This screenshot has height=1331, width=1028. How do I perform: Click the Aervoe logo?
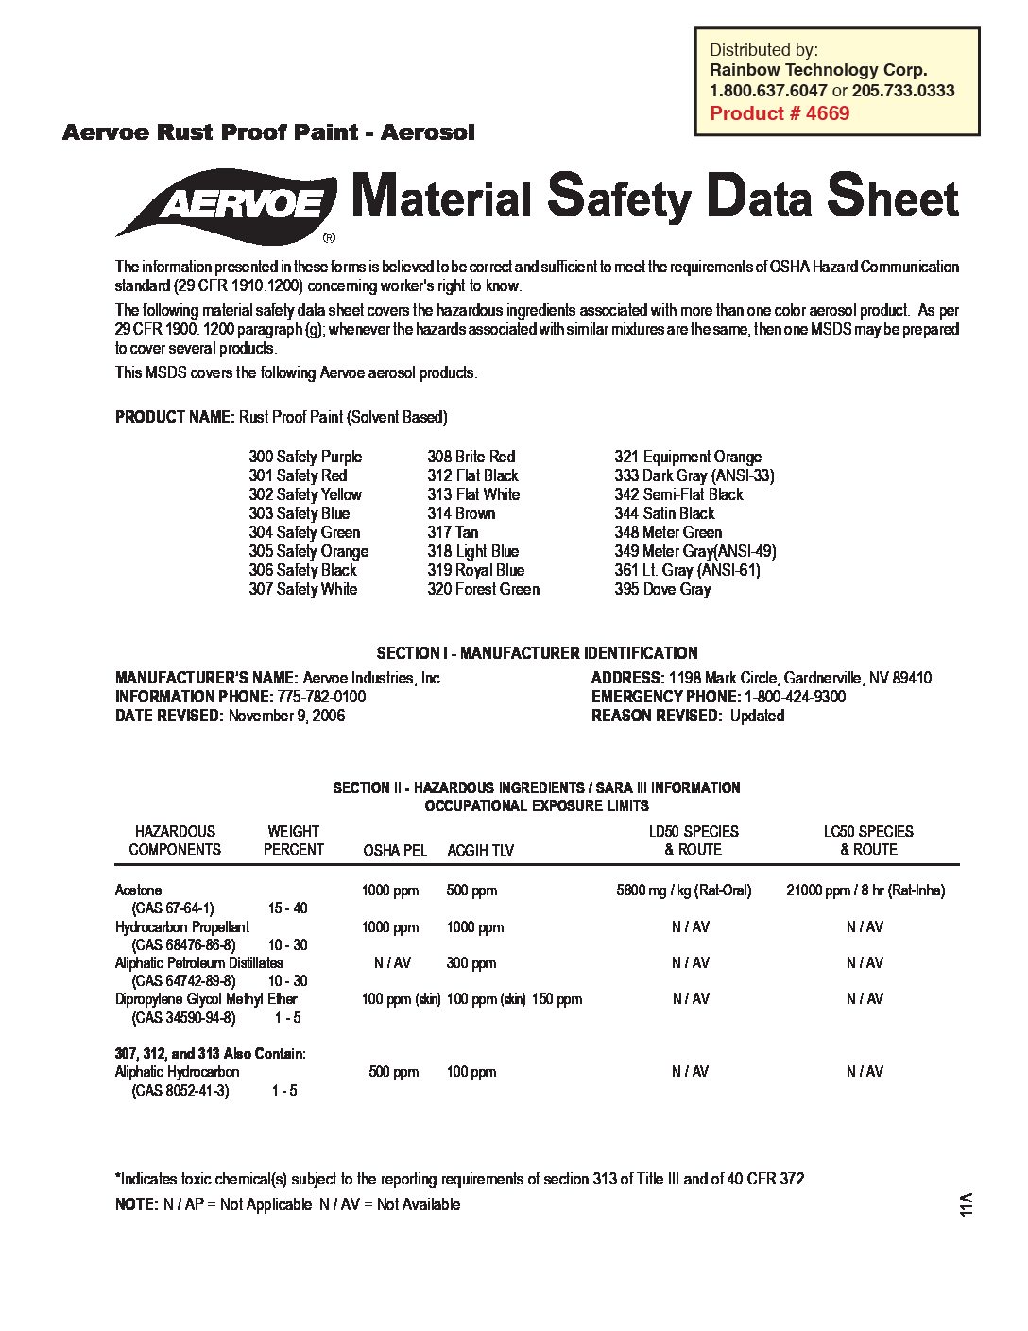pos(227,203)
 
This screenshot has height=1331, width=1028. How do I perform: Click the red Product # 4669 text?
pos(780,113)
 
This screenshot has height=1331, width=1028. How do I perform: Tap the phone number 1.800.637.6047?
pos(768,91)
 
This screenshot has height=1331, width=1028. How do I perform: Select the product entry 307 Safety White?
pos(303,589)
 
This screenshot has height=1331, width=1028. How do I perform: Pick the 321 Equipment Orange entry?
pos(688,457)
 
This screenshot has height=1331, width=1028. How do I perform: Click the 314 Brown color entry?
pos(461,513)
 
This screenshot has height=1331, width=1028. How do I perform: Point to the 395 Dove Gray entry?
pos(662,589)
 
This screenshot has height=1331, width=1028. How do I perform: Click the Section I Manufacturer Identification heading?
pos(537,653)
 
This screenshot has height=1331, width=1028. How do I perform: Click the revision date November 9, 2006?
pos(286,716)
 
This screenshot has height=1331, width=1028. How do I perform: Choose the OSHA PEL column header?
pos(395,850)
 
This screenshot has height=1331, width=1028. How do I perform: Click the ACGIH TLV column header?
pos(480,850)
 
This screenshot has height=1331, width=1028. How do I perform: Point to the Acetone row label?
pos(138,890)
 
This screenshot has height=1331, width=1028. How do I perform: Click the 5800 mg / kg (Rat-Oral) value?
pos(684,890)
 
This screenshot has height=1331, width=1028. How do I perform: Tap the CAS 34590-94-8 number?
pos(183,1018)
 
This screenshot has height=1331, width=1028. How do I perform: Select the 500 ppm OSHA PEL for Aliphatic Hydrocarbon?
pos(393,1072)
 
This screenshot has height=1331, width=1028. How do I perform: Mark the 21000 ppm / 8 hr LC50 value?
pos(865,890)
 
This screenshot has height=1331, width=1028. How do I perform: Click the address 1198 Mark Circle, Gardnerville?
pos(799,678)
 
